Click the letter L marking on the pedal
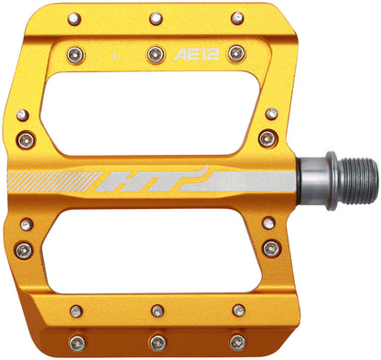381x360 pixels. pos(114,54)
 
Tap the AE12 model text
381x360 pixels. pos(194,54)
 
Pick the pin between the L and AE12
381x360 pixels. pos(155,53)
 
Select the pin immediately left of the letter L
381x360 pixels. pos(74,53)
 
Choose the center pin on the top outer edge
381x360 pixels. pos(155,16)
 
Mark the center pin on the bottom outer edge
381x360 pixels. pos(156,343)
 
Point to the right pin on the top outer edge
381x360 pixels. pos(236,16)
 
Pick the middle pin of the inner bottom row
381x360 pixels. pos(156,311)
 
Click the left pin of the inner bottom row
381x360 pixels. pos(76,311)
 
